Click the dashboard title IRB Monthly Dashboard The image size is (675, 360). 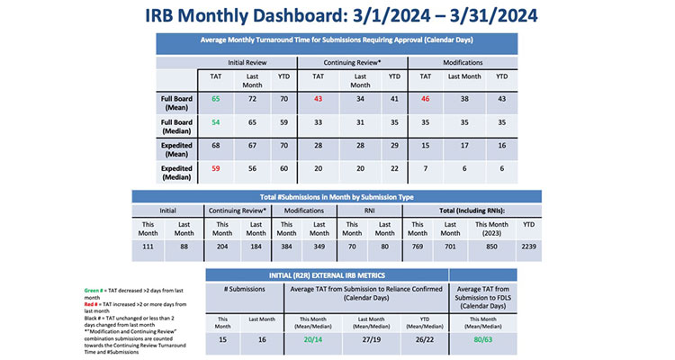pos(337,15)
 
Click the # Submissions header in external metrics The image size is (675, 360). pos(238,293)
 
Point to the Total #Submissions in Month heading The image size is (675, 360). pos(337,195)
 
